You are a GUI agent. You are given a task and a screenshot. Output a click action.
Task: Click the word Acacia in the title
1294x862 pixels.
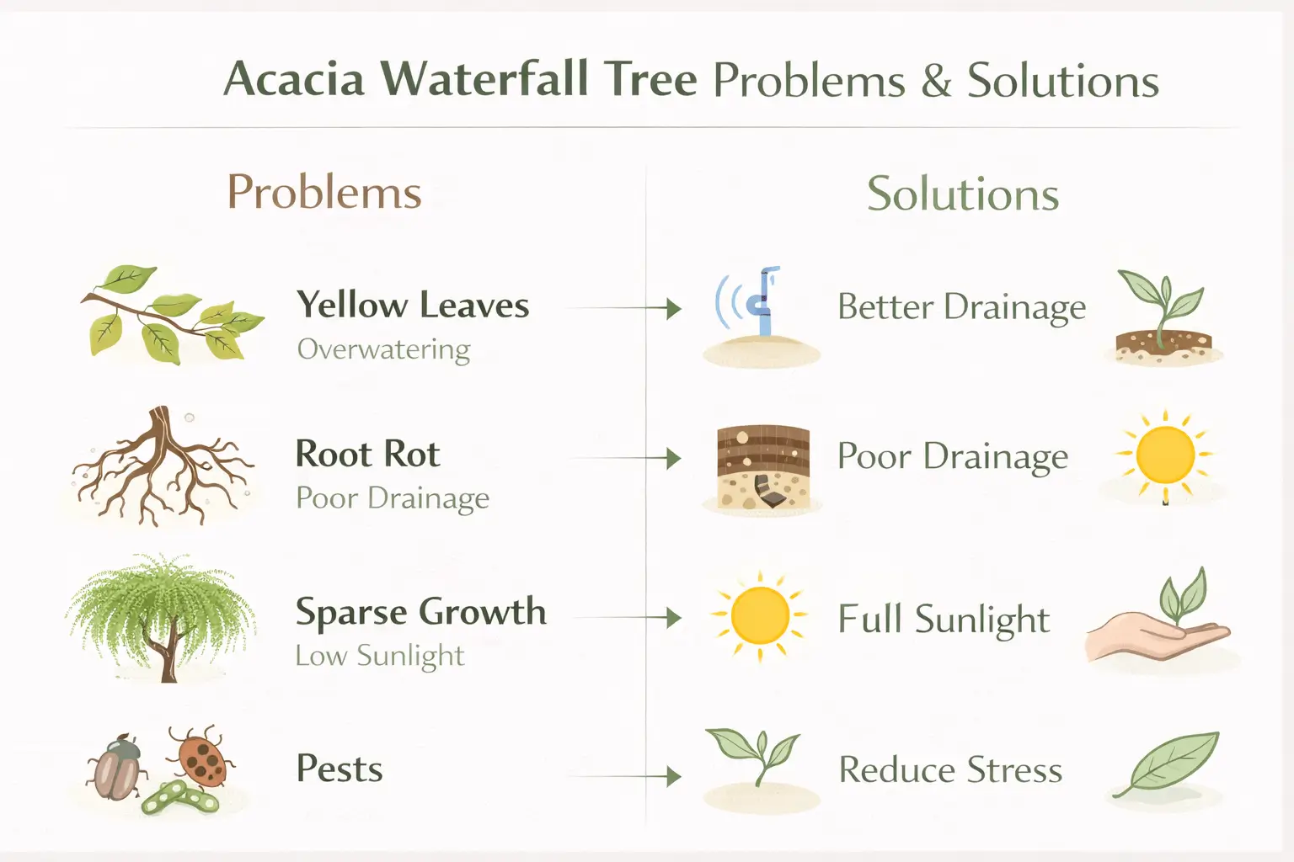[294, 80]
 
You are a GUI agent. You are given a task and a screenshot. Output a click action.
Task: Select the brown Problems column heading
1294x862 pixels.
[324, 192]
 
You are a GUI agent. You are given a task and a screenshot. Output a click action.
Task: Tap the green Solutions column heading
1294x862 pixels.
[963, 194]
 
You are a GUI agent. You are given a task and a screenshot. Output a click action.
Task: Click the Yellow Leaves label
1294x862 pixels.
[413, 305]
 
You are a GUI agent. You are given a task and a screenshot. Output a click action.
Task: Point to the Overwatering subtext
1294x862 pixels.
[383, 349]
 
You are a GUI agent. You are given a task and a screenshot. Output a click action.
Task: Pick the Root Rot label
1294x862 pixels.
[367, 454]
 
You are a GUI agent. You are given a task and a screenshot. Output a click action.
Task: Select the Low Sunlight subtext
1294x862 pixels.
[379, 655]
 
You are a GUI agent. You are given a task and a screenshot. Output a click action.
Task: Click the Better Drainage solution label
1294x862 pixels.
[961, 307]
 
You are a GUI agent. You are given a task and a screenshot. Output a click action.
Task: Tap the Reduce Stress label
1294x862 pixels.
[950, 769]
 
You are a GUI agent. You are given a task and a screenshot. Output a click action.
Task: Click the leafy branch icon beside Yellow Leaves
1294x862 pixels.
[168, 315]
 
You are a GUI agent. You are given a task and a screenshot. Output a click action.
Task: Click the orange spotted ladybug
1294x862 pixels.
[201, 755]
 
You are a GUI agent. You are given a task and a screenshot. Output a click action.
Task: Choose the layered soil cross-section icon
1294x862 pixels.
[763, 467]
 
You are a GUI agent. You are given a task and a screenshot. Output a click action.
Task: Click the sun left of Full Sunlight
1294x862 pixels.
[760, 615]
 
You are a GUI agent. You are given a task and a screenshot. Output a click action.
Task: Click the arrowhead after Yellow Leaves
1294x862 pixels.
[673, 308]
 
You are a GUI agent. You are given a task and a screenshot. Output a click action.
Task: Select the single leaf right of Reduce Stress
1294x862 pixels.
[1171, 763]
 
